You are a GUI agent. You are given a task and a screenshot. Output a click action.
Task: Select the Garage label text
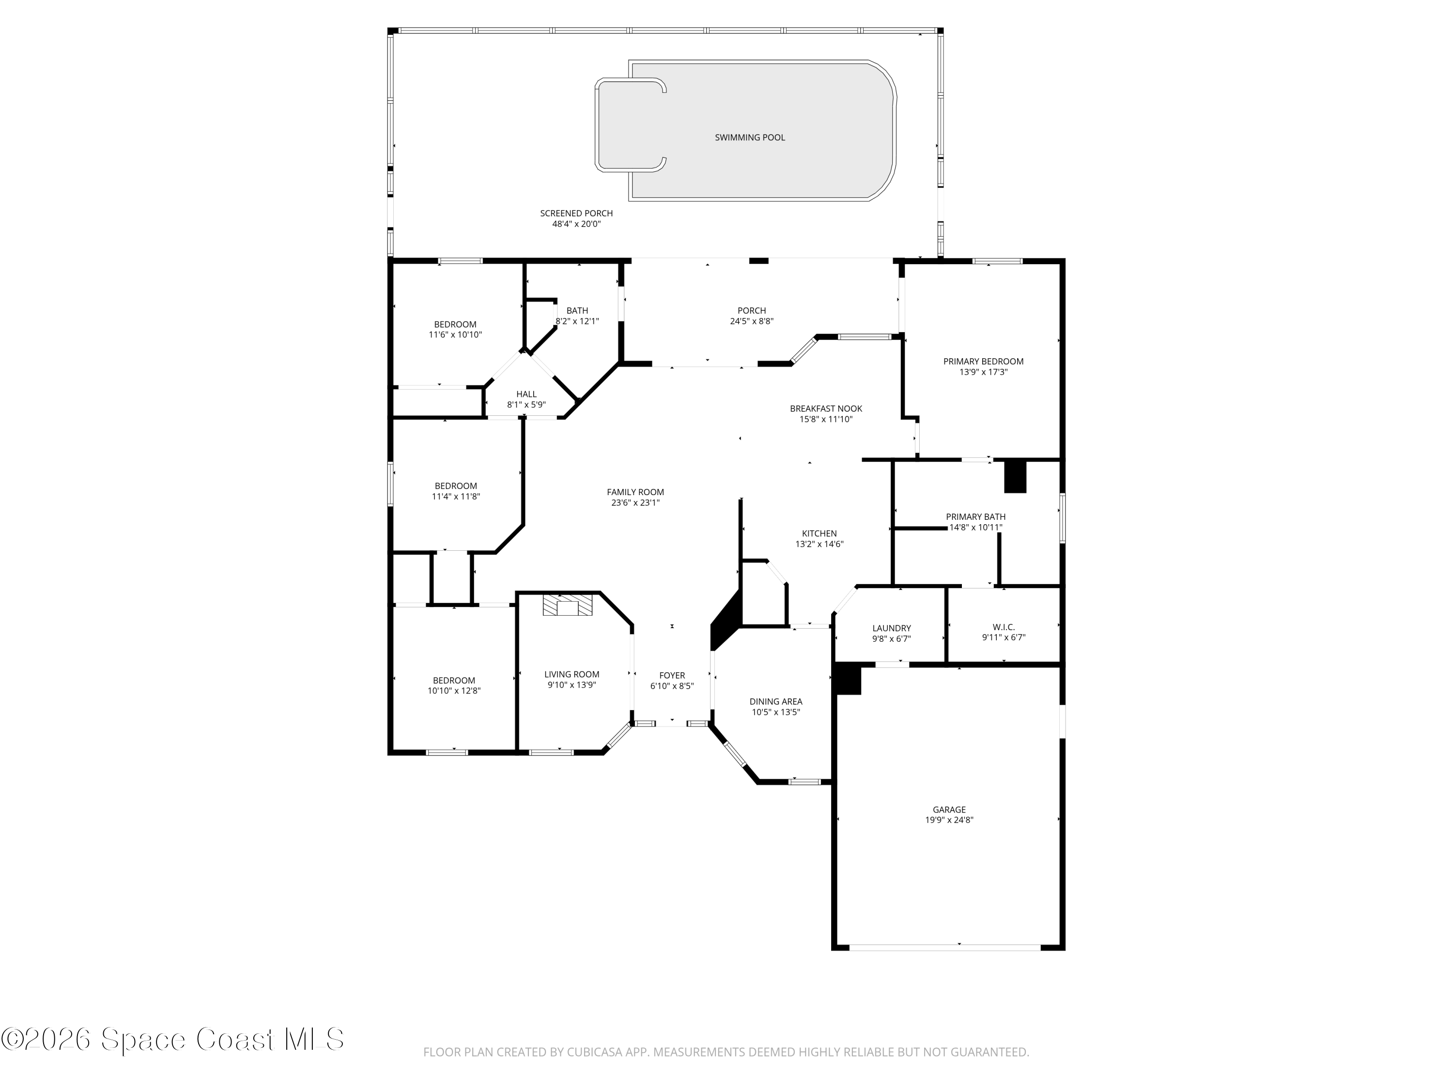pos(949,809)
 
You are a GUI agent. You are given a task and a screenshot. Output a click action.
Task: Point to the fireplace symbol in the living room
pos(568,605)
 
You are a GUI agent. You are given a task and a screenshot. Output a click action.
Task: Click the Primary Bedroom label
pos(983,361)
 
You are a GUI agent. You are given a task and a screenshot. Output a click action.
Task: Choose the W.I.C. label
pos(1004,627)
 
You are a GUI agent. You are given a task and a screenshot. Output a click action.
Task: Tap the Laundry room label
pos(891,628)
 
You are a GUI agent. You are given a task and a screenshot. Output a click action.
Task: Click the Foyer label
pos(672,675)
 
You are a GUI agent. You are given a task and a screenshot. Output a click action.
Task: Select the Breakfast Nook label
pos(826,408)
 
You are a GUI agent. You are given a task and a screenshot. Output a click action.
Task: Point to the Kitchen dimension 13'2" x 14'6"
pos(819,544)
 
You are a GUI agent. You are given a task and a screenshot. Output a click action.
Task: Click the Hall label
pos(526,394)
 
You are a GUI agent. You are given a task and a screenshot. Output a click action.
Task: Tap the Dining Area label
pos(776,701)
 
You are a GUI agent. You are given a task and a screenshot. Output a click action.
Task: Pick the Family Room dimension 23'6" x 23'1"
pos(635,503)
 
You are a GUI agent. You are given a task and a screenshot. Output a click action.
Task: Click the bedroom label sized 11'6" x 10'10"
pos(455,324)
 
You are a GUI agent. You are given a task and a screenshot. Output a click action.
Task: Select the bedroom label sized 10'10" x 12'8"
pos(454,680)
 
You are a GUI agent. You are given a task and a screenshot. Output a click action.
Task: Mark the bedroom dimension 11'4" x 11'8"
pos(456,496)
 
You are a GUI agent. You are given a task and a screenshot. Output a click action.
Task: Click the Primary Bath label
pos(975,516)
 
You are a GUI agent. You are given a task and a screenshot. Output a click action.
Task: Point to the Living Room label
pos(572,674)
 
